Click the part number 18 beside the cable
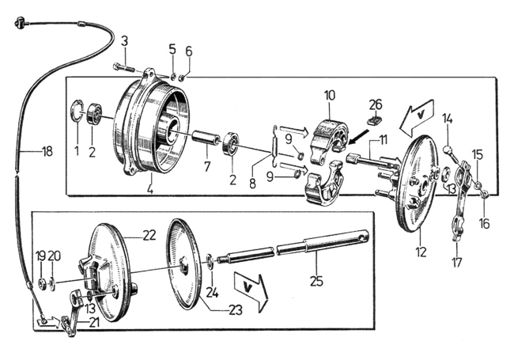pos(47,151)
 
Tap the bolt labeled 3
pos(124,68)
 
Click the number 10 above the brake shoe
pos(330,96)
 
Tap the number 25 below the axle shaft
pos(316,282)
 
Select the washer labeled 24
pos(210,261)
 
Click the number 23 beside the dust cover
pos(236,310)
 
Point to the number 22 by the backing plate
pos(149,235)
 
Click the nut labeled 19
pos(42,283)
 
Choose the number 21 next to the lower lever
pos(93,323)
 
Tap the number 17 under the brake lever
pos(456,263)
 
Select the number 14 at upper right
pos(448,119)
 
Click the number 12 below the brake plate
pos(421,252)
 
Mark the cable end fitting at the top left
pos(20,23)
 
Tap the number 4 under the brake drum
pos(149,190)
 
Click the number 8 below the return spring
pos(252,184)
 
